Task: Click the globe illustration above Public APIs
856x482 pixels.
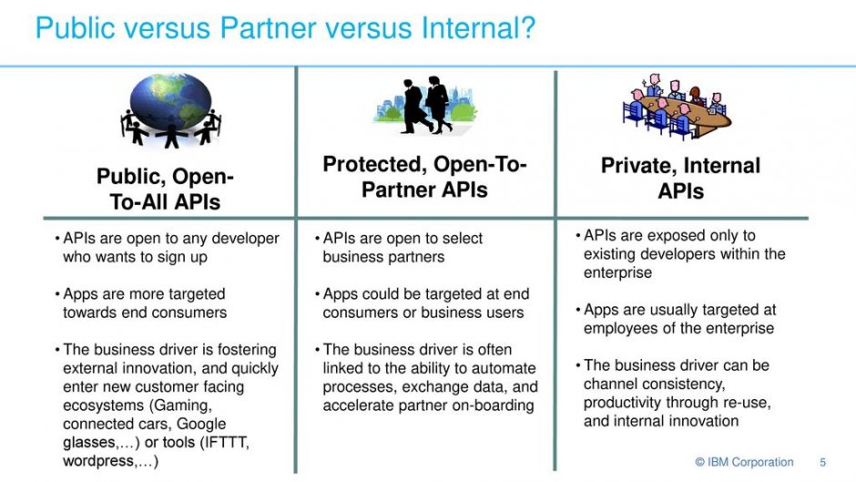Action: (x=171, y=110)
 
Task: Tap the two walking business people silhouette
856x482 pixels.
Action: (x=426, y=105)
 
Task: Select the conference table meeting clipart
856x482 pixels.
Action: (x=677, y=106)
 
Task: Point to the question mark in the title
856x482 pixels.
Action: (x=527, y=28)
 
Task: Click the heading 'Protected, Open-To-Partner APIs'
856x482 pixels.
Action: (x=424, y=177)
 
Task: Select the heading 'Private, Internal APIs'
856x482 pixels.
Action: (x=680, y=179)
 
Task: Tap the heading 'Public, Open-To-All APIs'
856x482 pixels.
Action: (x=165, y=190)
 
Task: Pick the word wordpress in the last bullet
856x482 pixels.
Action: (x=98, y=461)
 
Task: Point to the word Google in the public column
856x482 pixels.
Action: (x=201, y=424)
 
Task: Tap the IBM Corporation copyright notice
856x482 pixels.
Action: (x=744, y=462)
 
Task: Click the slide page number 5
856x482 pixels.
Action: (x=822, y=462)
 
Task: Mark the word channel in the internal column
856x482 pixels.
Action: (x=610, y=384)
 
